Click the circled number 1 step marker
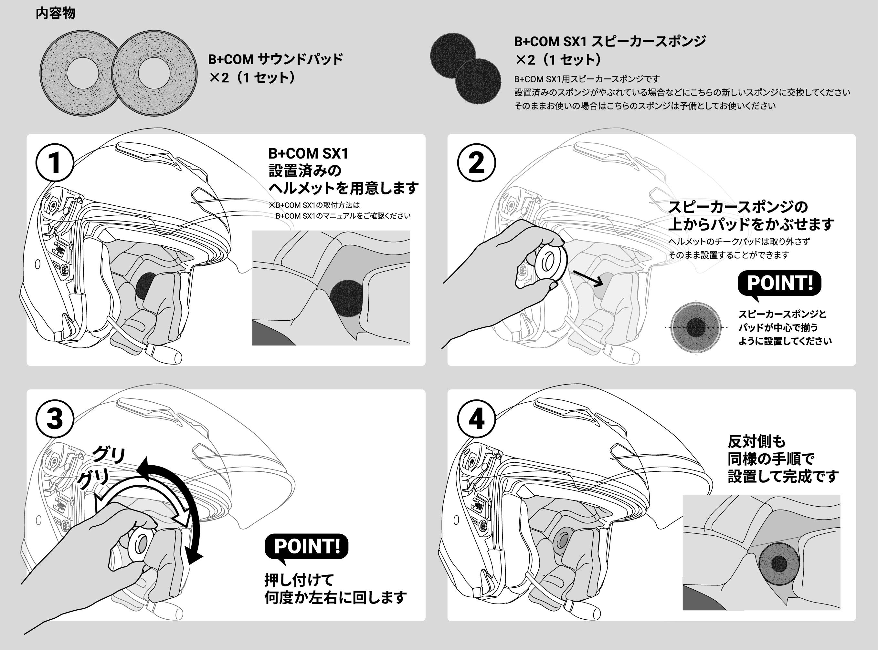coord(55,162)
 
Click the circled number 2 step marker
coord(476,162)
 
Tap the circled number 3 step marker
coord(55,418)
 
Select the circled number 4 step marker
coord(476,418)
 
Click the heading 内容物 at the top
coord(56,13)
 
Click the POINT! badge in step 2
coord(779,283)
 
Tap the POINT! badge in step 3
coord(306,546)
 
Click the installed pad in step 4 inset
coord(778,564)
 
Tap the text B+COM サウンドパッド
coord(275,59)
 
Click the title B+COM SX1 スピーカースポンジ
coord(609,41)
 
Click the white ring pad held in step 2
coord(550,261)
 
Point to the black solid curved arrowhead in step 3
coord(195,556)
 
